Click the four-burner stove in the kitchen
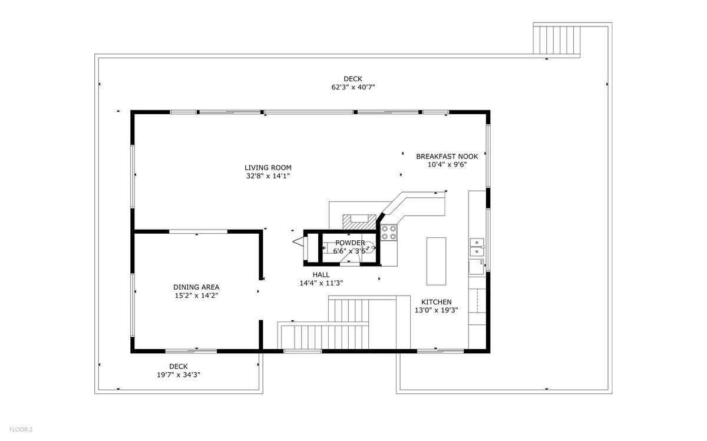coord(389,233)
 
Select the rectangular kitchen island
coord(437,260)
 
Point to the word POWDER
coord(350,243)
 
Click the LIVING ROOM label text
coord(269,167)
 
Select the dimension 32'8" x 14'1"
coord(269,175)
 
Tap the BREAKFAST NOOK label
coord(447,156)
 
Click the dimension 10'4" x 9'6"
coord(447,165)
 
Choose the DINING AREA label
coord(196,287)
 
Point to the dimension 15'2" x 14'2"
coord(196,296)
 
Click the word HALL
coord(321,274)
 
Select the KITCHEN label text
coord(436,302)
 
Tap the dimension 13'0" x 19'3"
coord(436,310)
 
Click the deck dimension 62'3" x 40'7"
coord(353,87)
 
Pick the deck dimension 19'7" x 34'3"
coord(179,374)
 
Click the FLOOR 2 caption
coord(20,430)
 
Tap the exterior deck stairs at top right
coord(557,40)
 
